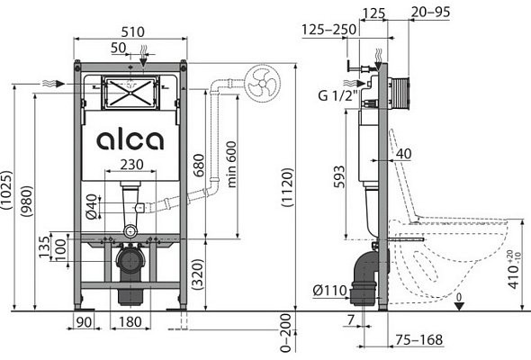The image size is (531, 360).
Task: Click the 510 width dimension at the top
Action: pyautogui.click(x=133, y=31)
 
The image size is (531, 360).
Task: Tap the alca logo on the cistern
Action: pyautogui.click(x=130, y=140)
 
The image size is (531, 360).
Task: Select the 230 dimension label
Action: pyautogui.click(x=131, y=165)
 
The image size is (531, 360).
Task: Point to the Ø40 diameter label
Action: pyautogui.click(x=92, y=206)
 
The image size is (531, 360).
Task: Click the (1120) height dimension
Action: pyautogui.click(x=286, y=187)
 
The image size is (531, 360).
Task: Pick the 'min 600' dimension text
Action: pyautogui.click(x=231, y=165)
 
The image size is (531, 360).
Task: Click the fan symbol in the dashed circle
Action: pyautogui.click(x=263, y=84)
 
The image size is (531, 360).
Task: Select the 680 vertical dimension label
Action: pyautogui.click(x=199, y=166)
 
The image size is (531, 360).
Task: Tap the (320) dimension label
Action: pyautogui.click(x=197, y=274)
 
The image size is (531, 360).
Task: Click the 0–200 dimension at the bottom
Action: pyautogui.click(x=285, y=333)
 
